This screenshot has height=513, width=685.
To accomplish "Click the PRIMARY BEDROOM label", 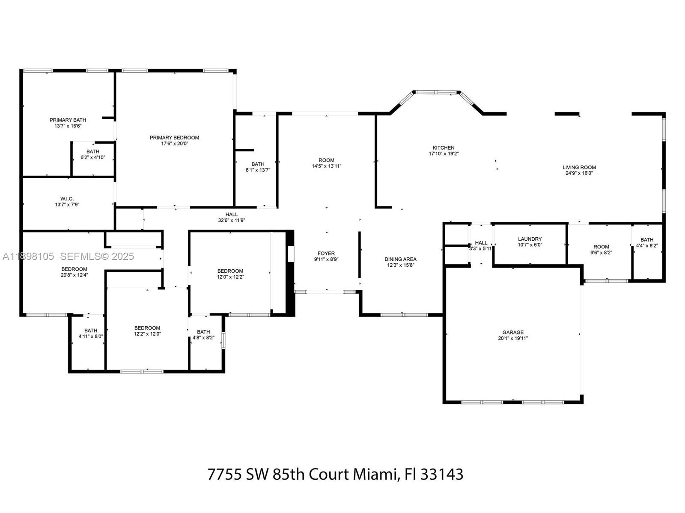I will point(174,138).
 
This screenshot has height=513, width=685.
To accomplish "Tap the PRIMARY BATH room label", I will point(68,120).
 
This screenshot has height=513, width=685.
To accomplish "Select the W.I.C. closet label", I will point(67,199).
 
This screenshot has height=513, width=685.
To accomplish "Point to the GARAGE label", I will point(513,332).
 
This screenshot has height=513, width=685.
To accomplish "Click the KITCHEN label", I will point(444,148).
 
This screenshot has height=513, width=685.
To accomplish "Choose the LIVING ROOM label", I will point(579,168).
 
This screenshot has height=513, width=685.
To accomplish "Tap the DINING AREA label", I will point(400,259).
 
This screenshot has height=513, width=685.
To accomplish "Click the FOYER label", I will point(326,254).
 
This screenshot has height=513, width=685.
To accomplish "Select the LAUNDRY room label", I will point(530,239).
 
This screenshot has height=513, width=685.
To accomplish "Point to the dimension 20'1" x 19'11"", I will point(513,339).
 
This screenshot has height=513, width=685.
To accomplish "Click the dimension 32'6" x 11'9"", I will point(231,221).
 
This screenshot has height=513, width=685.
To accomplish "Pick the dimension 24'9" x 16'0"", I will point(579,174).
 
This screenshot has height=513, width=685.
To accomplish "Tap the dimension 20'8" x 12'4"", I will point(74,275).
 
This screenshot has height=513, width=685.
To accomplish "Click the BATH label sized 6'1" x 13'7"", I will point(258,164).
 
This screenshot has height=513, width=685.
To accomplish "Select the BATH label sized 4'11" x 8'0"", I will point(91,330).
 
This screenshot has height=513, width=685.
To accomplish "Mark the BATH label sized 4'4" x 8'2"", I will point(647,240).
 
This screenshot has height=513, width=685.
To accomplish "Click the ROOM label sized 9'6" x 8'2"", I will point(601,247).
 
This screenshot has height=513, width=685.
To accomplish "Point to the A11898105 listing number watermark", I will point(28,256).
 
